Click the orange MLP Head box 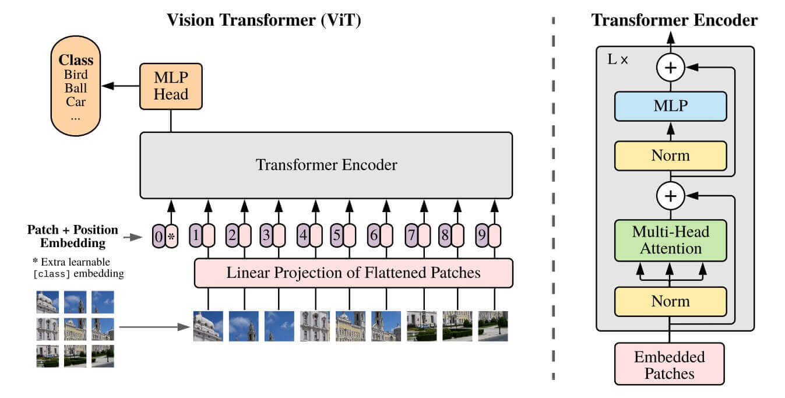click(x=171, y=86)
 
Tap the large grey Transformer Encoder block click(x=326, y=165)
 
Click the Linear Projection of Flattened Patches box click(x=353, y=273)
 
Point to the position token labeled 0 click(x=159, y=237)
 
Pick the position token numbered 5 click(x=336, y=237)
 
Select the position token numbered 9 click(x=481, y=237)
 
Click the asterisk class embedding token click(x=171, y=237)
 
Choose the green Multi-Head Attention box click(x=670, y=240)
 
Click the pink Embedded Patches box click(x=670, y=365)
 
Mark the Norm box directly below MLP click(x=670, y=156)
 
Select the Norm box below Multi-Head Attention click(x=670, y=301)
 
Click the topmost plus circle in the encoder click(x=671, y=68)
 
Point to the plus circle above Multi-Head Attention click(x=671, y=196)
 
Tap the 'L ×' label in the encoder click(x=618, y=60)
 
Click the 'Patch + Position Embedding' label click(x=72, y=236)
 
